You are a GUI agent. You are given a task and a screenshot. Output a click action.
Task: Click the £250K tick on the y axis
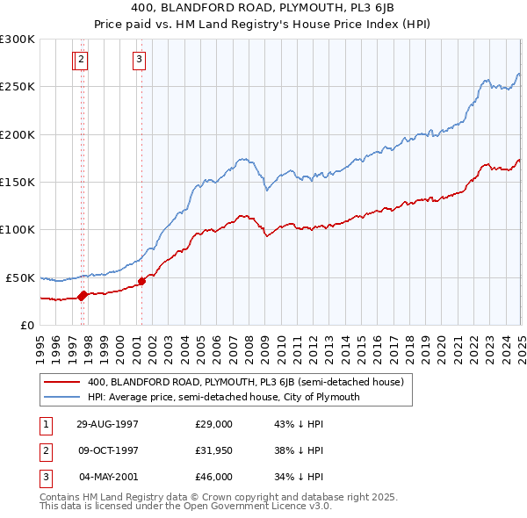point(17,87)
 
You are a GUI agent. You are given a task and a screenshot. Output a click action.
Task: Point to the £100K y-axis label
point(17,230)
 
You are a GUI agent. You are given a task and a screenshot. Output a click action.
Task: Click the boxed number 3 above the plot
point(140,60)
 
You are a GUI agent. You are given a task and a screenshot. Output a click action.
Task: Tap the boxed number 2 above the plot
point(81,60)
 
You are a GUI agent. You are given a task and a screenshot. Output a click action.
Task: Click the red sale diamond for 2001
point(141,281)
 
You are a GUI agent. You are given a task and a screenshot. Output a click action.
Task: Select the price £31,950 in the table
point(213,450)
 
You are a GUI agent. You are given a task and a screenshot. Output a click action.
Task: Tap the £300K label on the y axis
point(17,40)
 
